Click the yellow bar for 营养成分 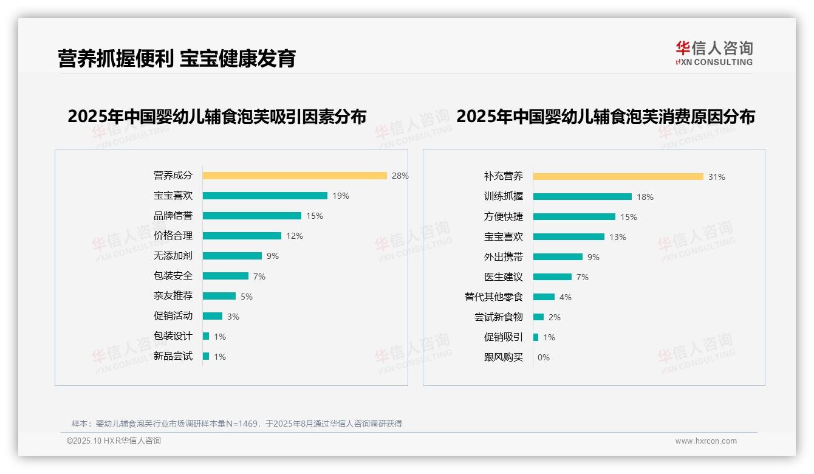click(295, 176)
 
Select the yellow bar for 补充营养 click(618, 177)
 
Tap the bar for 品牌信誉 click(252, 216)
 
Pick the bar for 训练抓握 click(583, 197)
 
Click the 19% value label click(341, 196)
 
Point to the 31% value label click(717, 177)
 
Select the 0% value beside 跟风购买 click(544, 357)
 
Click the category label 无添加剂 click(173, 256)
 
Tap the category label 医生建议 click(504, 276)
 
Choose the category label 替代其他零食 click(494, 297)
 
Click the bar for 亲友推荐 click(219, 296)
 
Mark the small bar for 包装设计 click(206, 336)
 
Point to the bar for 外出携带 click(558, 257)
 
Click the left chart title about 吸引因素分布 click(217, 117)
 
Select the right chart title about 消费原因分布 click(606, 117)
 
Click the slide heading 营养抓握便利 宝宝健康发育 click(177, 58)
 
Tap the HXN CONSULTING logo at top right click(714, 53)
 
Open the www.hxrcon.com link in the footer click(706, 441)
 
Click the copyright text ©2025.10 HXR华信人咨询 click(114, 441)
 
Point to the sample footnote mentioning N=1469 click(237, 424)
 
